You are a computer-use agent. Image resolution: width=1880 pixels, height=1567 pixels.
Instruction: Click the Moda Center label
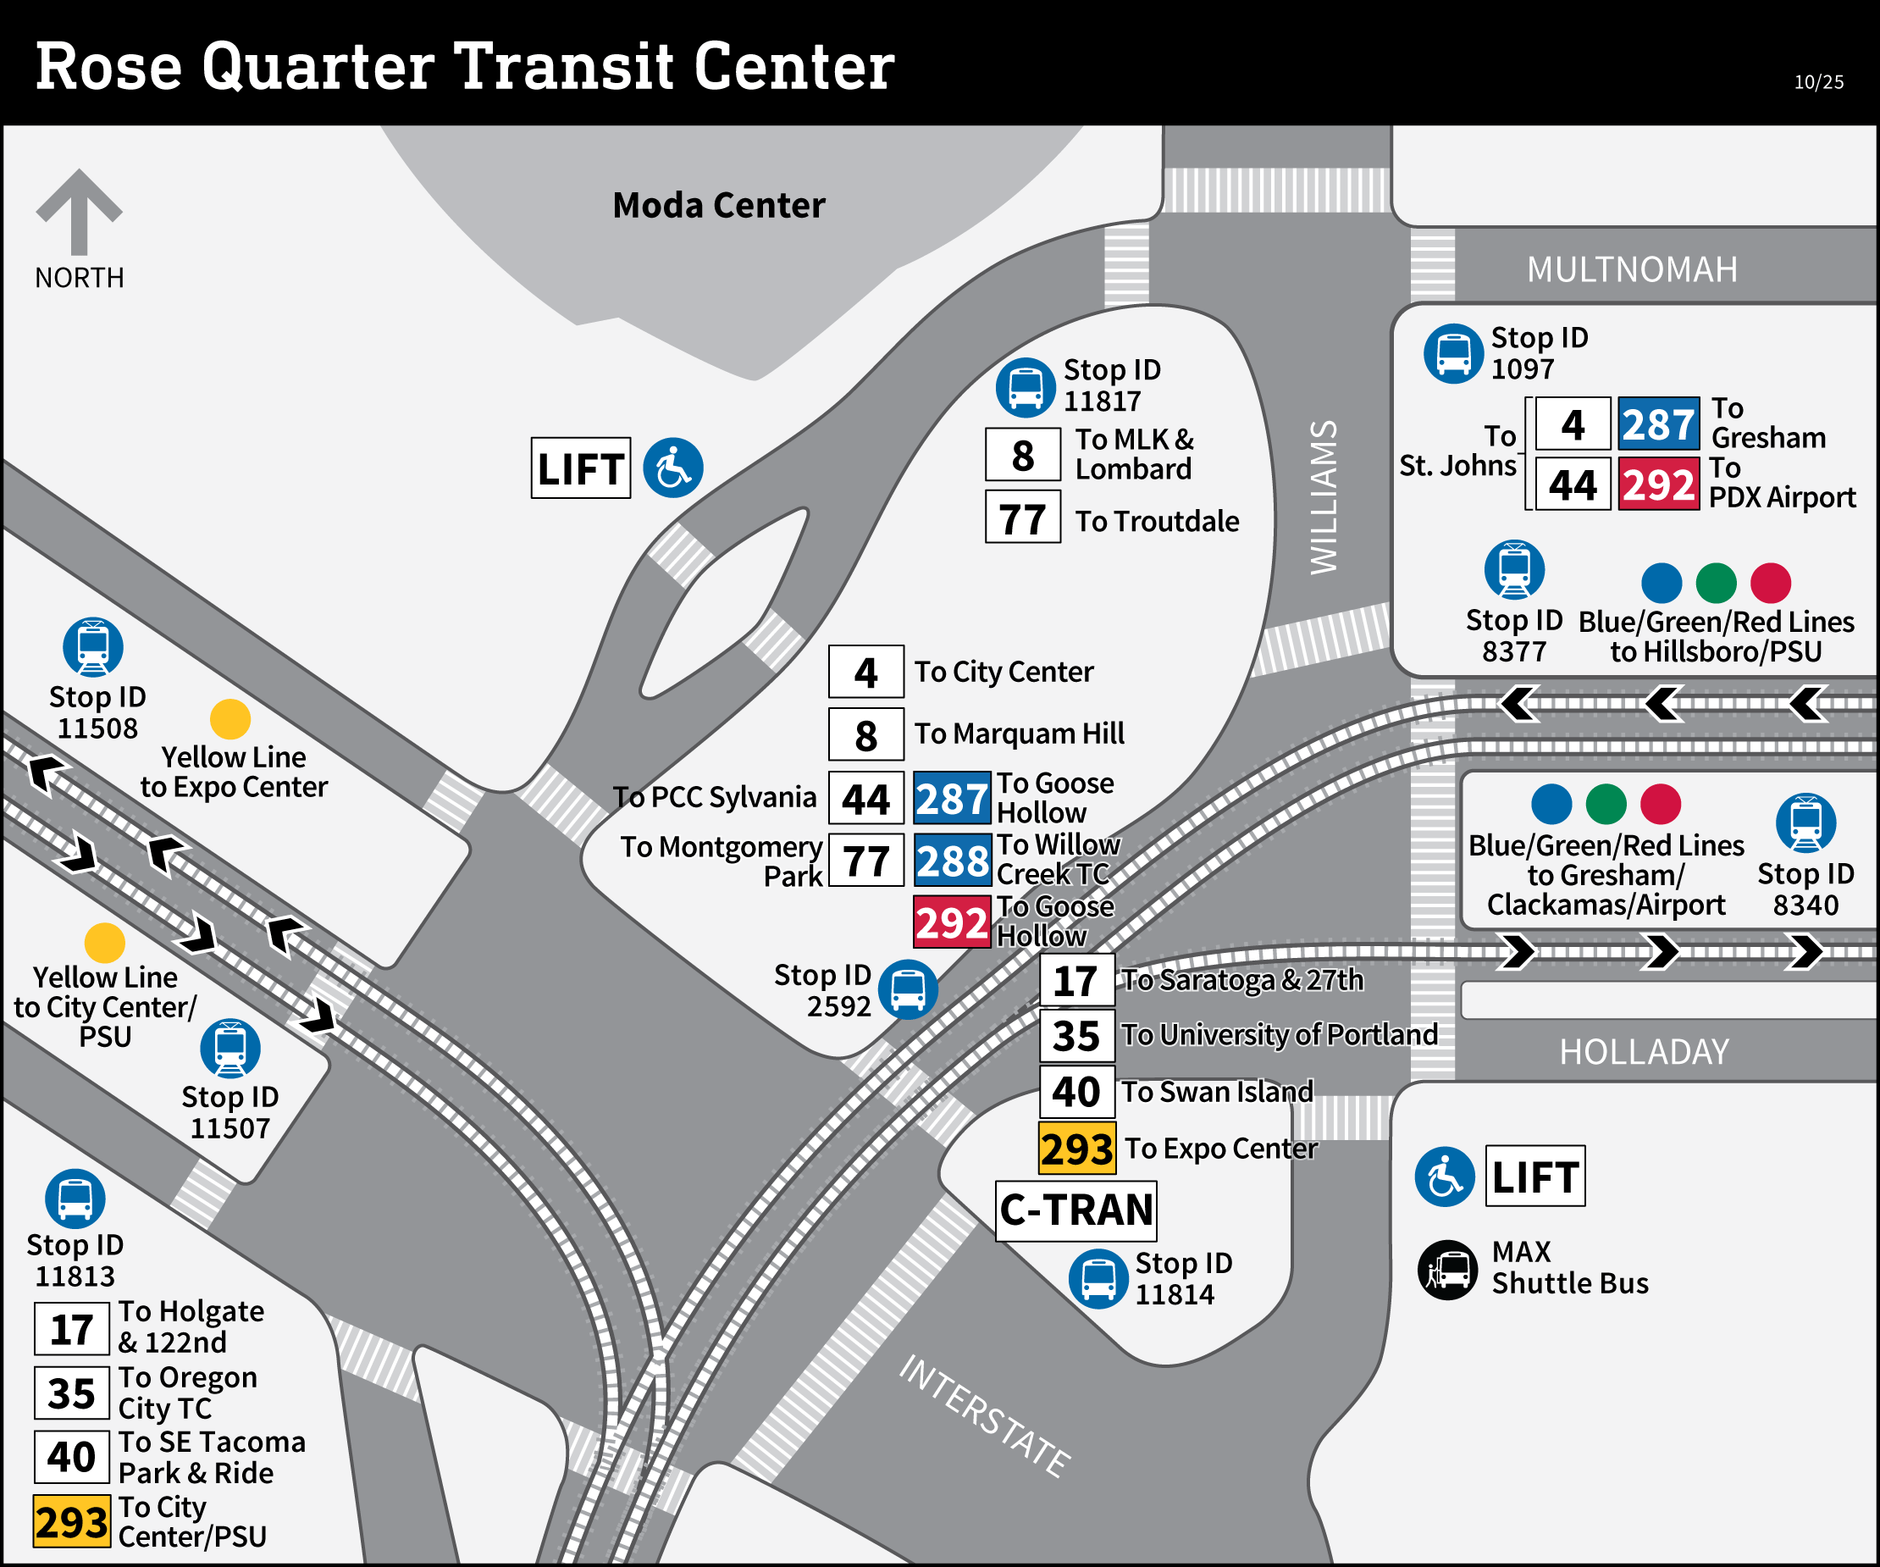coord(718,205)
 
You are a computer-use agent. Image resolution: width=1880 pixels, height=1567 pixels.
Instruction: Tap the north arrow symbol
coord(79,211)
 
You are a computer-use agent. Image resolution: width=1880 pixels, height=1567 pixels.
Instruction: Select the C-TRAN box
coord(1075,1210)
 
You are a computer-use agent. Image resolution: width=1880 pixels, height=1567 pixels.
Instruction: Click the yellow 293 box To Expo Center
coord(1076,1149)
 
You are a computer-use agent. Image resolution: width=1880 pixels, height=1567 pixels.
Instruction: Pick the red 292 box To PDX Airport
coord(1658,484)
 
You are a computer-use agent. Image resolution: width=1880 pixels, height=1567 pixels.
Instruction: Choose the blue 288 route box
coord(952,861)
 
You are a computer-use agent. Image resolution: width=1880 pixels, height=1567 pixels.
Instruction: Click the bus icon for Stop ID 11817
coord(1025,388)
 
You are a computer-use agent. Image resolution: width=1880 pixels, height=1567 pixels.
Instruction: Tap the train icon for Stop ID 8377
coord(1514,569)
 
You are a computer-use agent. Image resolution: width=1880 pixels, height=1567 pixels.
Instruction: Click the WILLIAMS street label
coord(1323,497)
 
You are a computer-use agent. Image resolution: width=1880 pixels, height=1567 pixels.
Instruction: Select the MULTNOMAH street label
coord(1631,269)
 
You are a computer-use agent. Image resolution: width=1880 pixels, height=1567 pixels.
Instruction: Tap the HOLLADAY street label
coord(1644,1052)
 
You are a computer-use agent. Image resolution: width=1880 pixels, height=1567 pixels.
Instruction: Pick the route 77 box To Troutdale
coord(1022,518)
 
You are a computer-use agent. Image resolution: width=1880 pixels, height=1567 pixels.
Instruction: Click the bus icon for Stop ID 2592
coord(908,989)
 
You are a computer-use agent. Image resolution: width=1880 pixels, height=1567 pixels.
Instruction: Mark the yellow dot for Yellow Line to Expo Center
coord(230,719)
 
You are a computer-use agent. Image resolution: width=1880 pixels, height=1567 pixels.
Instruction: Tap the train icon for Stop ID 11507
coord(230,1049)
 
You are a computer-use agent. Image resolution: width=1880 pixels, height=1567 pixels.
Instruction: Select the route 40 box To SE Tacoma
coord(72,1458)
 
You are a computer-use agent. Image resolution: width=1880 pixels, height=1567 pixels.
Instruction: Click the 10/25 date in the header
coord(1818,82)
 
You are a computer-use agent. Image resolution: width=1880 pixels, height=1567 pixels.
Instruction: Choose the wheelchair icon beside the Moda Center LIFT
coord(673,468)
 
